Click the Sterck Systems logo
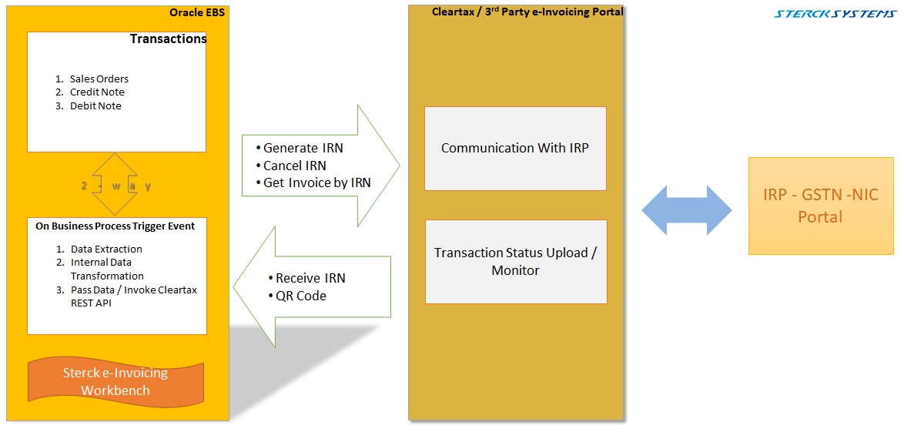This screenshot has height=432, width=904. pos(835,14)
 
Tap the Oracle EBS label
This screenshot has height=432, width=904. pos(199,13)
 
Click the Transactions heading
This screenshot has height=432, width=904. pos(168,39)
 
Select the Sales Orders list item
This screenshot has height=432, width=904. pos(99,79)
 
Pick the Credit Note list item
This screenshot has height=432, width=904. pos(97,92)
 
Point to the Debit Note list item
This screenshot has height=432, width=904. pos(95,105)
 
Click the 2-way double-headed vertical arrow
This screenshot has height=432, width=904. pos(115,185)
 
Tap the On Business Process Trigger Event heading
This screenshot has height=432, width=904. pos(116,226)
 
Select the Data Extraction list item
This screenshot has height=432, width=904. pos(106,249)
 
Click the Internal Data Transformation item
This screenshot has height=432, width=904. pos(106,269)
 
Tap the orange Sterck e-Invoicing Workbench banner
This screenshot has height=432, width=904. pos(116,381)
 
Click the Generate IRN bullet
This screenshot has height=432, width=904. pos(303,148)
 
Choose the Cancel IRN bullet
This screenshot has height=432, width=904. pos(294,166)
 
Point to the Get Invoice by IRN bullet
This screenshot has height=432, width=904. pos(316,183)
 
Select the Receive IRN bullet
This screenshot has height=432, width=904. pos(310,278)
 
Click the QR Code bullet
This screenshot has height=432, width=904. pos(300,296)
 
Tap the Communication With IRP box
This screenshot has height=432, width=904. pos(515,148)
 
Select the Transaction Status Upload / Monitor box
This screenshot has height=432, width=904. pos(515,261)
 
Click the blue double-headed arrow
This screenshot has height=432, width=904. pos(687,210)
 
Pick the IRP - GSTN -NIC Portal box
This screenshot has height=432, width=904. pos(821,206)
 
